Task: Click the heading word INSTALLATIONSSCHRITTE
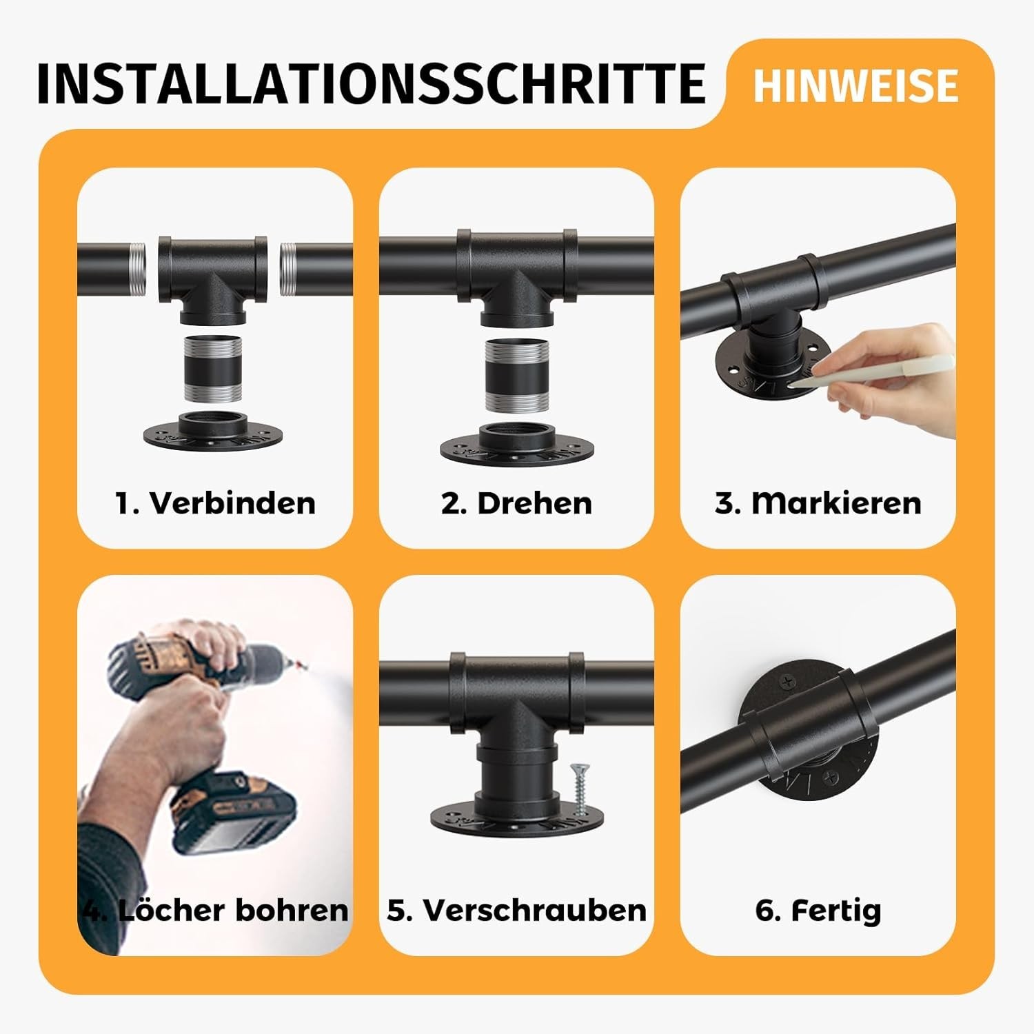371,83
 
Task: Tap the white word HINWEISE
855,85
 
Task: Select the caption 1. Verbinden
215,503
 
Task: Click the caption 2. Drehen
516,503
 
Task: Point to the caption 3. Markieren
818,503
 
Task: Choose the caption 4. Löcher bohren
215,910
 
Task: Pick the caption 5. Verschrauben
516,910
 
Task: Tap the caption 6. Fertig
818,910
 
